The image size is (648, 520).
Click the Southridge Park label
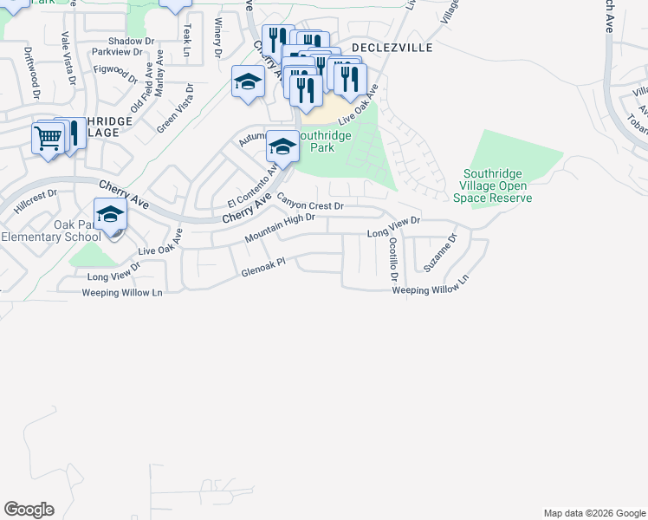pyautogui.click(x=323, y=141)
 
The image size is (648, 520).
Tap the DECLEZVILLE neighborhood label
pyautogui.click(x=391, y=49)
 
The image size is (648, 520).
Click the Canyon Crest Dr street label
pyautogui.click(x=311, y=204)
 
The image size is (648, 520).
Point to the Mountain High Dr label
pyautogui.click(x=279, y=227)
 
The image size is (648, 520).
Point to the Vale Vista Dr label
pyautogui.click(x=66, y=54)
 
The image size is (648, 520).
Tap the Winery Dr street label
pyautogui.click(x=217, y=38)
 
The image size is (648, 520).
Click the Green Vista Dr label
pyautogui.click(x=175, y=107)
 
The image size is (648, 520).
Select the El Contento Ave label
pyautogui.click(x=250, y=184)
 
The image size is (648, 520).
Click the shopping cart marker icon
pyautogui.click(x=48, y=137)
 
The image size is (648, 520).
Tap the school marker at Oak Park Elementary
pyautogui.click(x=110, y=213)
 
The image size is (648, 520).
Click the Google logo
pyautogui.click(x=29, y=510)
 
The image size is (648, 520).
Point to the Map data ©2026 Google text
pyautogui.click(x=595, y=513)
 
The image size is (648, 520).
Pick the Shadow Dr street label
pyautogui.click(x=132, y=41)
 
